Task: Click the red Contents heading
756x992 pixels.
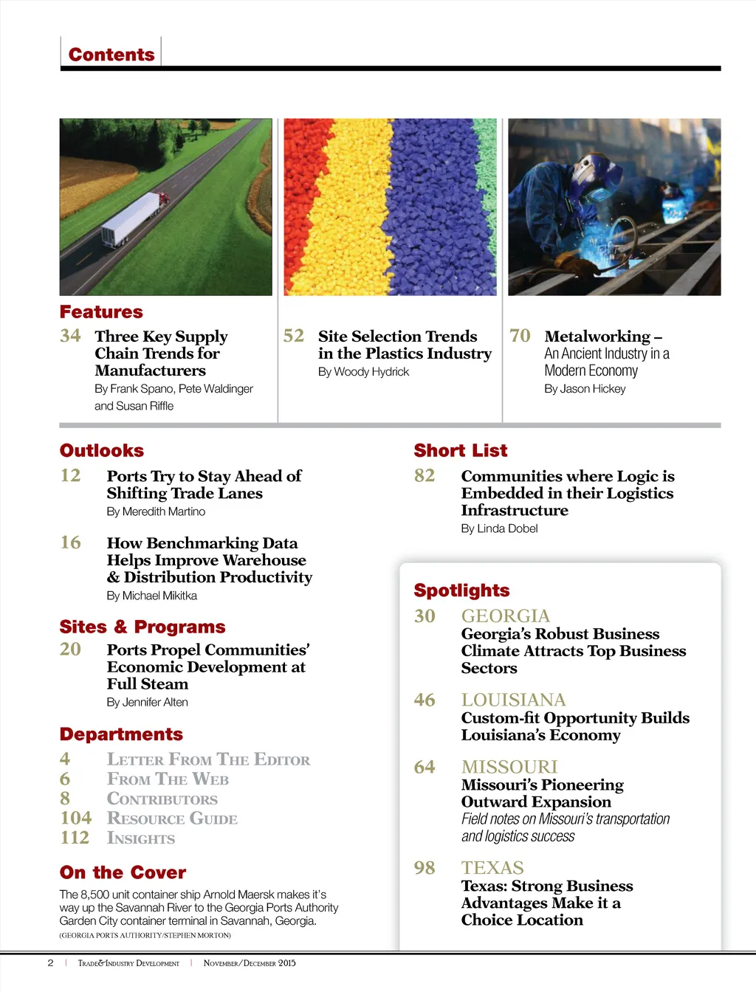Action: pyautogui.click(x=111, y=55)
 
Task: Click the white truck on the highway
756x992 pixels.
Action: pyautogui.click(x=133, y=218)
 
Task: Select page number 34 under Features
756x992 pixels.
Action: pyautogui.click(x=70, y=336)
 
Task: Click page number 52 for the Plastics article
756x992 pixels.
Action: pyautogui.click(x=294, y=336)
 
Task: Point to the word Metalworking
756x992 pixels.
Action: pyautogui.click(x=597, y=337)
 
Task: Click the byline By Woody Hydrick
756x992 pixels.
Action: pyautogui.click(x=363, y=372)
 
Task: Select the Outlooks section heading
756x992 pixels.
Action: pyautogui.click(x=102, y=450)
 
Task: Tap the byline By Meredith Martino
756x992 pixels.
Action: pyautogui.click(x=156, y=512)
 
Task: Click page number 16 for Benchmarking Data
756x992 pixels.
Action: pyautogui.click(x=70, y=542)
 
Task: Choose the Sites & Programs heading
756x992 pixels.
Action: pyautogui.click(x=142, y=627)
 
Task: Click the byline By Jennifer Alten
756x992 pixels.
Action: pyautogui.click(x=147, y=702)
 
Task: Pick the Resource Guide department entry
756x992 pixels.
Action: pyautogui.click(x=172, y=819)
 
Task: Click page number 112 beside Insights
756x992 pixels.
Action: pyautogui.click(x=75, y=838)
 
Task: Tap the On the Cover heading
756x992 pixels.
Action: pyautogui.click(x=123, y=872)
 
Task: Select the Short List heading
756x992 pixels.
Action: pyautogui.click(x=461, y=450)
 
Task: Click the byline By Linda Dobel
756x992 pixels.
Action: pyautogui.click(x=499, y=528)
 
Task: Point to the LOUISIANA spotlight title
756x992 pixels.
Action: pyautogui.click(x=513, y=700)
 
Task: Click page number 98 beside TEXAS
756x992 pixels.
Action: pyautogui.click(x=425, y=868)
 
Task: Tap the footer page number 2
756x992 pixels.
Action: pyautogui.click(x=50, y=962)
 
